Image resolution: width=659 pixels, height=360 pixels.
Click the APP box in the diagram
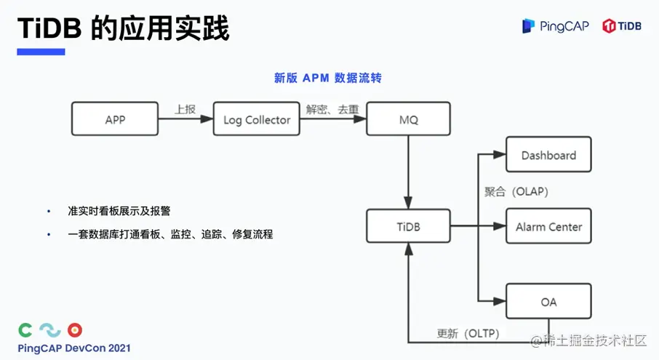[x=115, y=119]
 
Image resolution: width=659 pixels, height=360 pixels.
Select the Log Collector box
[x=257, y=119]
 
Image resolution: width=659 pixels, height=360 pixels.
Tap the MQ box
[x=409, y=119]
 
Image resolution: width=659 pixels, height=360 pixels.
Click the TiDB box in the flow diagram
[x=409, y=227]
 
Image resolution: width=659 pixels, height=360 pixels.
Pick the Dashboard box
[x=548, y=155]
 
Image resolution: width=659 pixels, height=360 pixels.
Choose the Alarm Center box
[x=548, y=227]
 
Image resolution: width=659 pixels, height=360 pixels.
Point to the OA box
[x=548, y=301]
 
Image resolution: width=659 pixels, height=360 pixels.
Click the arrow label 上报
[x=185, y=109]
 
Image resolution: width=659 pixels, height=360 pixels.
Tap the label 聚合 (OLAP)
[x=516, y=192]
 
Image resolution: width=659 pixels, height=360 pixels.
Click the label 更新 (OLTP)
[x=468, y=334]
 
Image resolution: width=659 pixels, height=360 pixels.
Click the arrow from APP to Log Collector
[x=185, y=120]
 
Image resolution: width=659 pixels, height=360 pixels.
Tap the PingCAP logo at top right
[x=555, y=26]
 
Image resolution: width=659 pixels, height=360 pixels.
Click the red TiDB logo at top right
[x=622, y=26]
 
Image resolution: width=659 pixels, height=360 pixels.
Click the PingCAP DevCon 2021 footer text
[x=74, y=348]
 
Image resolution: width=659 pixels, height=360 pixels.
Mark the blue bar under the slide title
[x=41, y=52]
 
